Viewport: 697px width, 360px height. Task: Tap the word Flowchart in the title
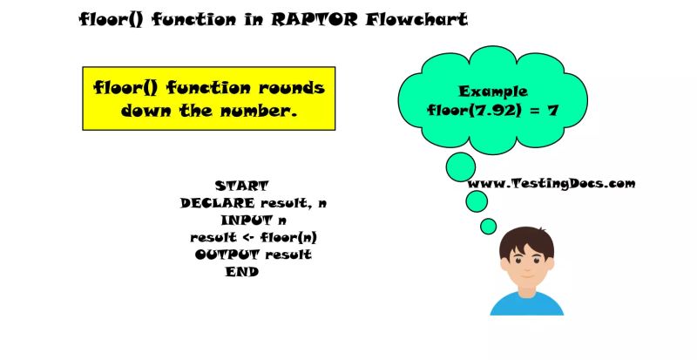click(x=420, y=19)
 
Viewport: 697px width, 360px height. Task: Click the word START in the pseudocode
click(x=241, y=186)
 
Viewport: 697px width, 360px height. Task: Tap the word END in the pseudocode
click(x=241, y=272)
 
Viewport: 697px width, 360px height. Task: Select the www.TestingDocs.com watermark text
click(x=552, y=183)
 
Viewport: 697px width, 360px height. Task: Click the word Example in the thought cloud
click(x=488, y=91)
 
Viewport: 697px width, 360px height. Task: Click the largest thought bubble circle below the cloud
click(x=460, y=166)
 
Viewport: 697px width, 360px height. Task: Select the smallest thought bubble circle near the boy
click(x=489, y=226)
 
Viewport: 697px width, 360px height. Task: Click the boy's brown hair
click(x=526, y=241)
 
